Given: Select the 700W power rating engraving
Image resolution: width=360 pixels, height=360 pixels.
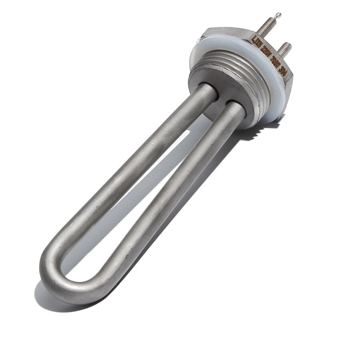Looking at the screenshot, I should click(275, 61).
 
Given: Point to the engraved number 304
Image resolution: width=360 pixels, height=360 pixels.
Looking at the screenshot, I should click(283, 71).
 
